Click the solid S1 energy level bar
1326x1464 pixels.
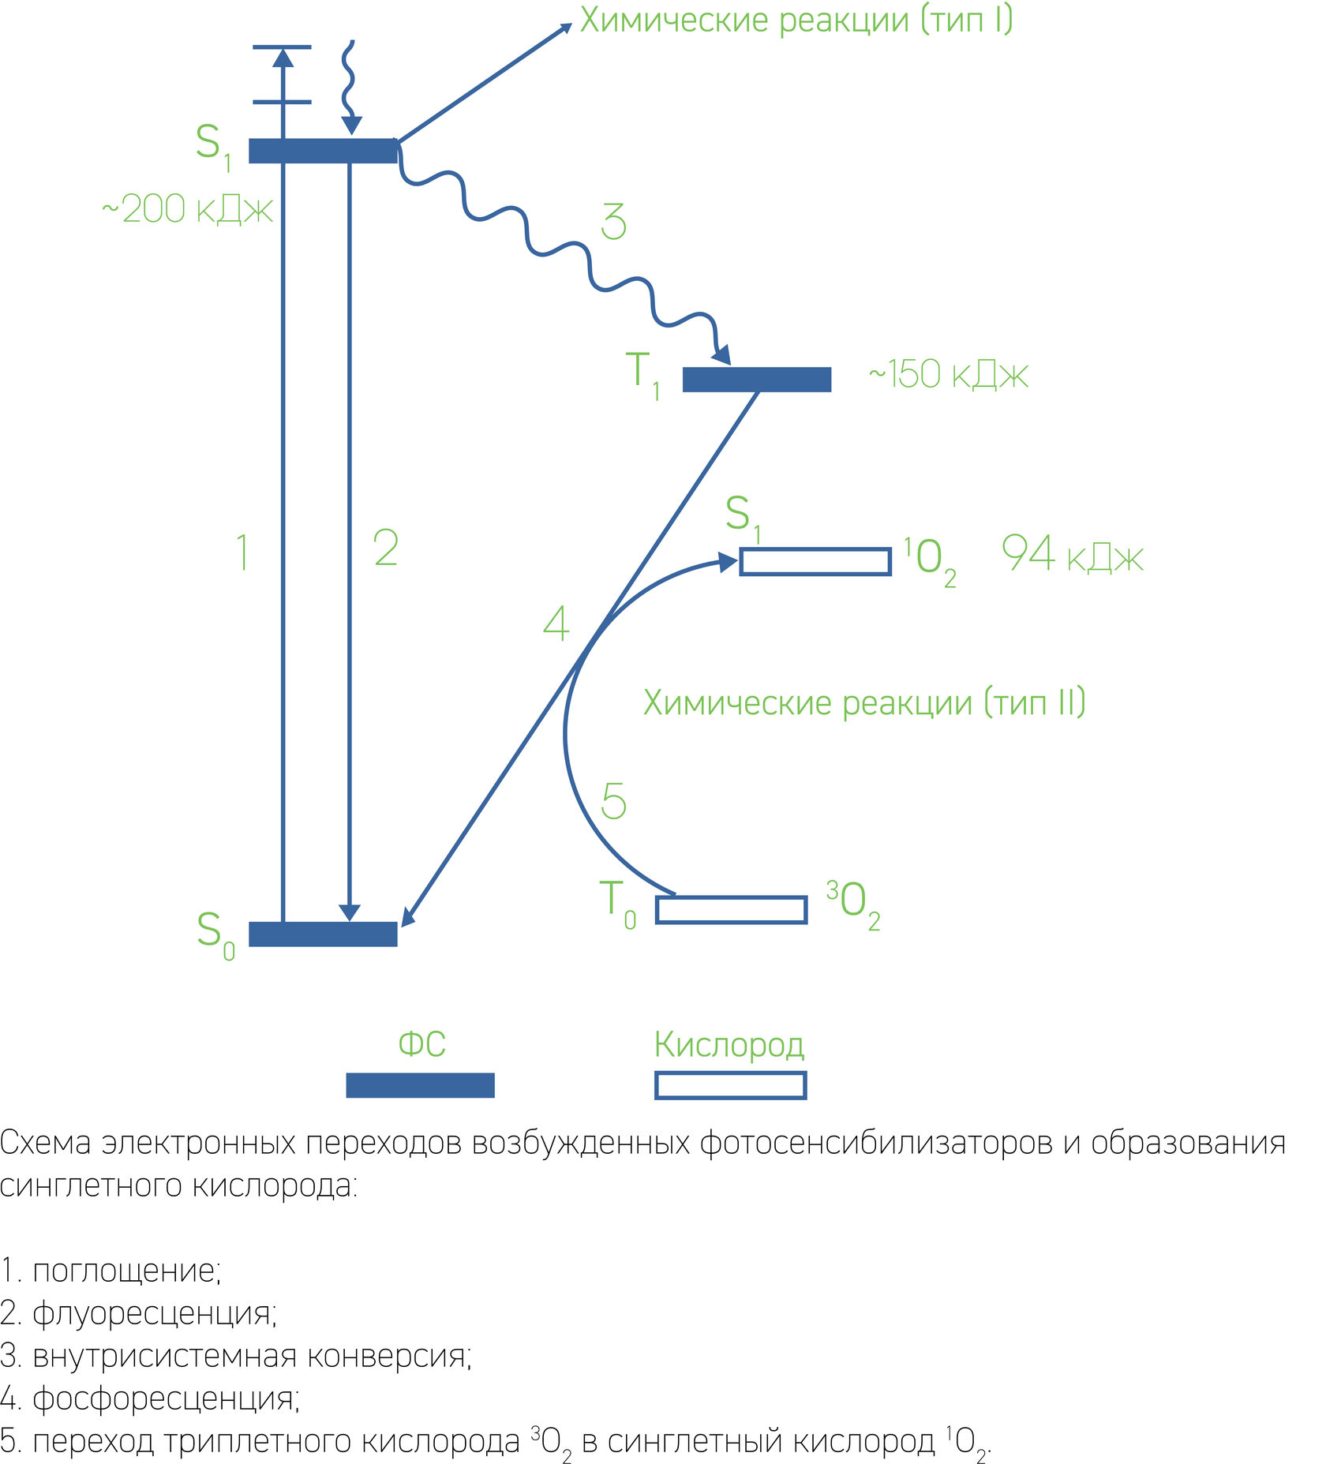(x=323, y=151)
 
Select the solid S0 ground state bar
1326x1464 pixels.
(x=323, y=934)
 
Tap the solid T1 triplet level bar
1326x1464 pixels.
(x=756, y=380)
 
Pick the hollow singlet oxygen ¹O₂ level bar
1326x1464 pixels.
(x=815, y=562)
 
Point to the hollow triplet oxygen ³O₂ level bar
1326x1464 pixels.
(x=731, y=909)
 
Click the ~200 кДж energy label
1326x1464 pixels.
(x=188, y=210)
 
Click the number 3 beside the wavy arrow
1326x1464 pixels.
(x=613, y=222)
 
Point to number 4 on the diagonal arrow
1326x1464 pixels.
(x=556, y=624)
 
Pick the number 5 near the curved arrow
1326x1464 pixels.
(x=613, y=802)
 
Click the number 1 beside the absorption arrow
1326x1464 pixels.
(x=243, y=552)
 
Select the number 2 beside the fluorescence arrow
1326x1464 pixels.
(x=386, y=549)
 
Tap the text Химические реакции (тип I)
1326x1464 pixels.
(x=796, y=20)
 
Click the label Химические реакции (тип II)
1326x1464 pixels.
(x=864, y=702)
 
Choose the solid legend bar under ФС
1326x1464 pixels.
(x=420, y=1085)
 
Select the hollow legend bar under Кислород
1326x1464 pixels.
(x=730, y=1085)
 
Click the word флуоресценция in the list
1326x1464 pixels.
(x=153, y=1312)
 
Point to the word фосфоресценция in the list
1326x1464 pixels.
(x=165, y=1398)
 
